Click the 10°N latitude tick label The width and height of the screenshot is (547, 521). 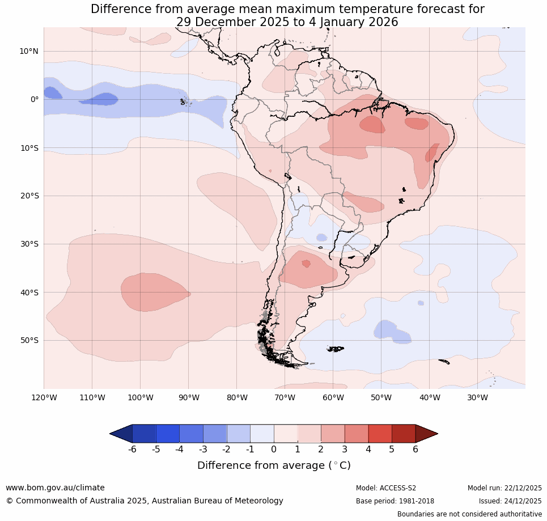coord(28,51)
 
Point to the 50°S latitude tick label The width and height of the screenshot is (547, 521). coord(28,341)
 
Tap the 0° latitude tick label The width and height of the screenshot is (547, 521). coord(35,99)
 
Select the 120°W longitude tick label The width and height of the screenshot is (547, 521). coord(44,397)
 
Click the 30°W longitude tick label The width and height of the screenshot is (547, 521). coord(477,397)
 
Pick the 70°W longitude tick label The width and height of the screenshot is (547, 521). coord(285,397)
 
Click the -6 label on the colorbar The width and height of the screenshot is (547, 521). coord(132,450)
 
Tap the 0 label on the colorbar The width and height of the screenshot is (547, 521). coord(274,450)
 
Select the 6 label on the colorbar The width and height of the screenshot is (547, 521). coord(415,450)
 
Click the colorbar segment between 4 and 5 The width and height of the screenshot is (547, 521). coord(380,434)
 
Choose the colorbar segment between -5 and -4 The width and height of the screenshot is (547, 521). coord(168,434)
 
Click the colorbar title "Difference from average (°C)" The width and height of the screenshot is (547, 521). coord(274,465)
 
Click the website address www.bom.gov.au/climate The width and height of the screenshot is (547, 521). coord(55,488)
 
